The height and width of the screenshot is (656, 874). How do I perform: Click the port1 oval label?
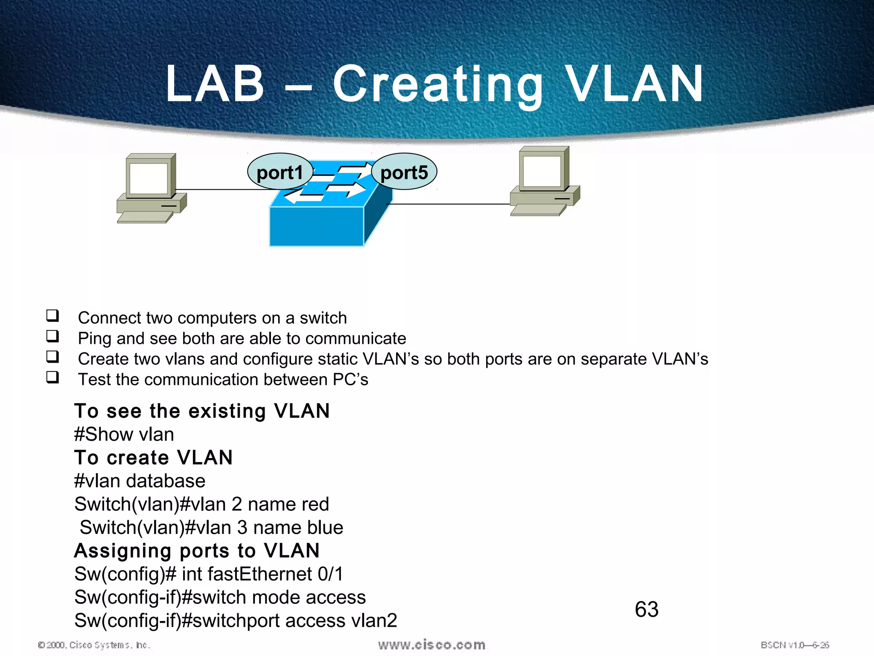[280, 173]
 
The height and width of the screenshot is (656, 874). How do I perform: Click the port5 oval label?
[404, 173]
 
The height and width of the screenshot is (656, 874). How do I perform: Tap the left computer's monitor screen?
[149, 178]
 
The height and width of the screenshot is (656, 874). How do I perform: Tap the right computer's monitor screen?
[542, 171]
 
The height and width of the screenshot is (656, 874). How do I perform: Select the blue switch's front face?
[316, 226]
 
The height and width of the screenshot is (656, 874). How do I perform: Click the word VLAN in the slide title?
[635, 84]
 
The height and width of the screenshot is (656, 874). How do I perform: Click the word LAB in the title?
[215, 84]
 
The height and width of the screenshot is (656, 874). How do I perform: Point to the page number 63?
[647, 609]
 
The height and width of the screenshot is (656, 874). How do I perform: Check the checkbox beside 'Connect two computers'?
[52, 316]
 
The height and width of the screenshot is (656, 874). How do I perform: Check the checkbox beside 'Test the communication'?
[52, 378]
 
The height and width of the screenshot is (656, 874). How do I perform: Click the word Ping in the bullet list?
[94, 339]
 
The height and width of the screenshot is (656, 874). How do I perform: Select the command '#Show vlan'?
[124, 434]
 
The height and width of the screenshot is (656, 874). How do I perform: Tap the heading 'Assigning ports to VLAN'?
[197, 551]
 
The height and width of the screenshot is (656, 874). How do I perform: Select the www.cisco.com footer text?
[431, 644]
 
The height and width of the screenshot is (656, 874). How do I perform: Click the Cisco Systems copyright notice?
[94, 645]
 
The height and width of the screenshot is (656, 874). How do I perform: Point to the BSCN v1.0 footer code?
[795, 645]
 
